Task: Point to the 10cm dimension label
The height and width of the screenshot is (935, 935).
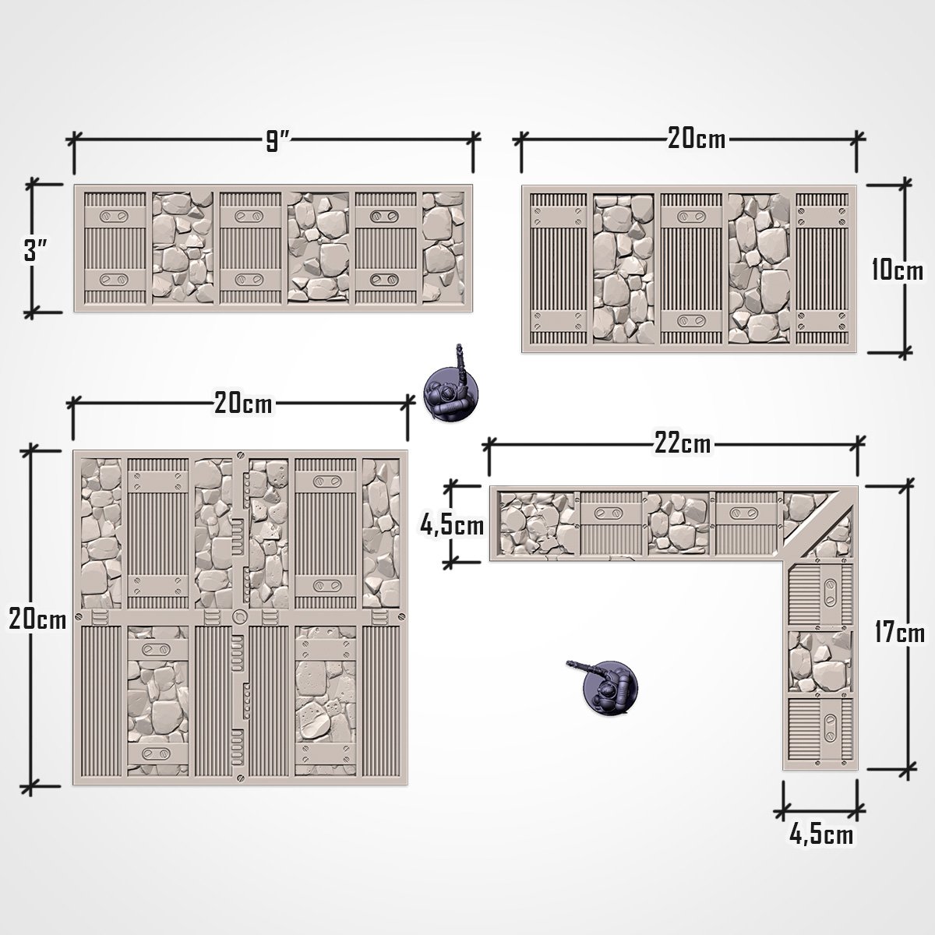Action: tap(897, 270)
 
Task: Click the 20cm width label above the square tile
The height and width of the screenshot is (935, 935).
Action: tap(243, 404)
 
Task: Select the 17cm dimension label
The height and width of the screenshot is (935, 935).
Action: tap(898, 631)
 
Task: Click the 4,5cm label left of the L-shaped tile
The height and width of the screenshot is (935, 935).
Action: tap(452, 526)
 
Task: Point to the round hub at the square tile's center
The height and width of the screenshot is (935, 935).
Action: tap(239, 618)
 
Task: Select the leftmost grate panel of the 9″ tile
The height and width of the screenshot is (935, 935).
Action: tap(114, 248)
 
